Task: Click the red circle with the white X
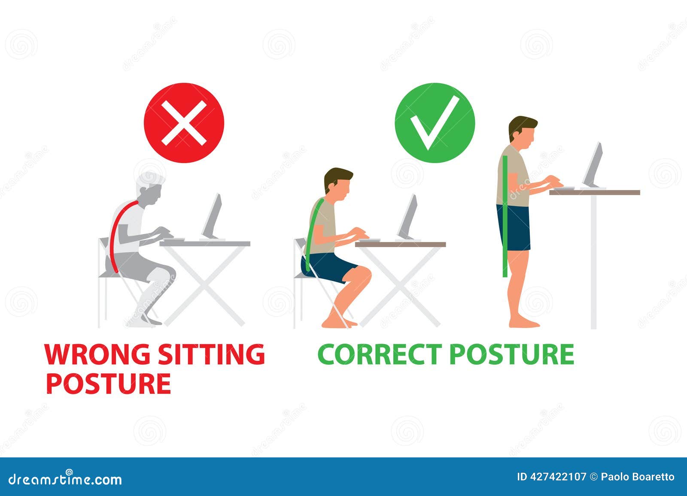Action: pos(184,123)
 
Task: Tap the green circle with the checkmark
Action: pos(435,123)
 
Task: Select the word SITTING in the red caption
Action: pos(211,354)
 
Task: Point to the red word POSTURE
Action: pos(109,384)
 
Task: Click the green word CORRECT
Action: pos(380,354)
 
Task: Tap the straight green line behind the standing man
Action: pos(505,216)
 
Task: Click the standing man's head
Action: pos(522,133)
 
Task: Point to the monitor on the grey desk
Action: pos(212,217)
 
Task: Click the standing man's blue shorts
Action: pos(514,227)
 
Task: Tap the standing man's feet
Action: pos(524,324)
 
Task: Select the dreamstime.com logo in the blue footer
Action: pos(65,479)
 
